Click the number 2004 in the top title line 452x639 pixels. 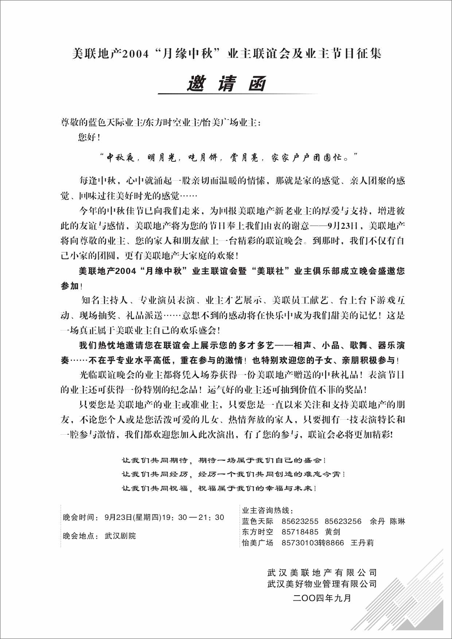point(135,54)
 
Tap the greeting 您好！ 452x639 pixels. point(89,137)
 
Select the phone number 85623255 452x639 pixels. point(300,521)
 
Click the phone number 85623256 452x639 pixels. point(343,521)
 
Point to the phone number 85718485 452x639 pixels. point(300,532)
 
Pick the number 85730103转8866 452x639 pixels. point(312,543)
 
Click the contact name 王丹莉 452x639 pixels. point(362,543)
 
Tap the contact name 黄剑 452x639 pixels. point(332,532)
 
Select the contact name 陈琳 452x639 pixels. point(397,521)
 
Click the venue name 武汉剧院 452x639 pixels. point(120,536)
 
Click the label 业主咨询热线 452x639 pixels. point(267,510)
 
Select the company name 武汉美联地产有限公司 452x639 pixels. point(322,573)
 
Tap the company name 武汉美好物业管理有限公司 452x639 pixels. point(322,584)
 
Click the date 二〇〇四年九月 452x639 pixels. point(322,598)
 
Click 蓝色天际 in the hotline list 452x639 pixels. point(257,521)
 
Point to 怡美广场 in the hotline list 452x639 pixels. point(257,543)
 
